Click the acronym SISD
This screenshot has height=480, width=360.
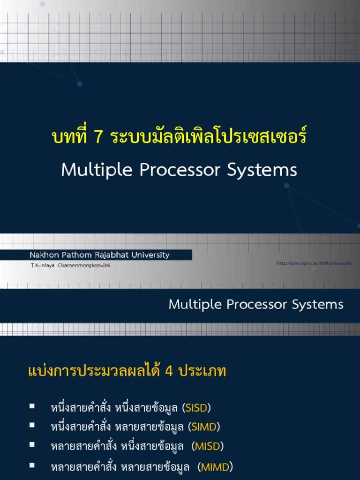pos(196,408)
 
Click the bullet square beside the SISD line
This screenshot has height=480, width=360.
pos(32,406)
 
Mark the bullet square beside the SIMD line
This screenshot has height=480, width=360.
pos(32,425)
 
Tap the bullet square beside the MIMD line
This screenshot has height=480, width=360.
pos(32,465)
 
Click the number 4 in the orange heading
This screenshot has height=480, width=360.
pos(169,372)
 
